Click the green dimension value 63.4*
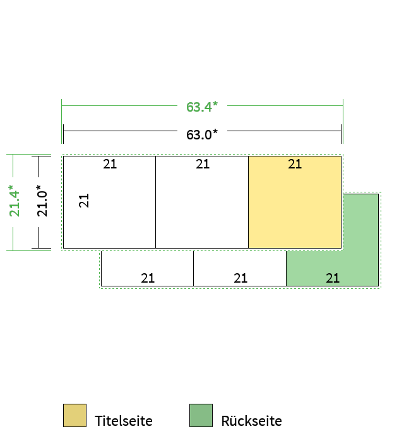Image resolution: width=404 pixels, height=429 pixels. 202,107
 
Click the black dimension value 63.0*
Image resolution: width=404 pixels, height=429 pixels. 202,134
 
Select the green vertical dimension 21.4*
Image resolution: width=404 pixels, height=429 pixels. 15,201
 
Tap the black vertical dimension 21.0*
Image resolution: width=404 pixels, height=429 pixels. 42,201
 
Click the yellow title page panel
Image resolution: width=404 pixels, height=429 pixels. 295,202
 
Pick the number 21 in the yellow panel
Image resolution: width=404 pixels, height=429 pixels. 295,164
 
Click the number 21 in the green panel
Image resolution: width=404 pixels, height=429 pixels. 333,278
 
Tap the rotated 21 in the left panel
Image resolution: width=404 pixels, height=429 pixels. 84,201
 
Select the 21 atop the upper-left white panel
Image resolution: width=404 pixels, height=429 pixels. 110,164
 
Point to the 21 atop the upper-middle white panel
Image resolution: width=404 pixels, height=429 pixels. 203,164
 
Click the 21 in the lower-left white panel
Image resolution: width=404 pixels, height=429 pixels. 148,278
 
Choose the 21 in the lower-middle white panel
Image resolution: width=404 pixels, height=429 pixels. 241,278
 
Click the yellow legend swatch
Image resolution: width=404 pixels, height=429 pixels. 74,415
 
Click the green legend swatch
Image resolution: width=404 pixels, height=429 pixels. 201,415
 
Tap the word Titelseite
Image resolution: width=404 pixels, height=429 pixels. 124,421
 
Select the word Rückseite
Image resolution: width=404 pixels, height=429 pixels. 251,421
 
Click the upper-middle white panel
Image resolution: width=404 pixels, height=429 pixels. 202,202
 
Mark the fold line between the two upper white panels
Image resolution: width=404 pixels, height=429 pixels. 156,202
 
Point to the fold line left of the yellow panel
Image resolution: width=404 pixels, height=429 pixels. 249,202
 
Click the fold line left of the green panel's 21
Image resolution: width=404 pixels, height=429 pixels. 287,268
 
